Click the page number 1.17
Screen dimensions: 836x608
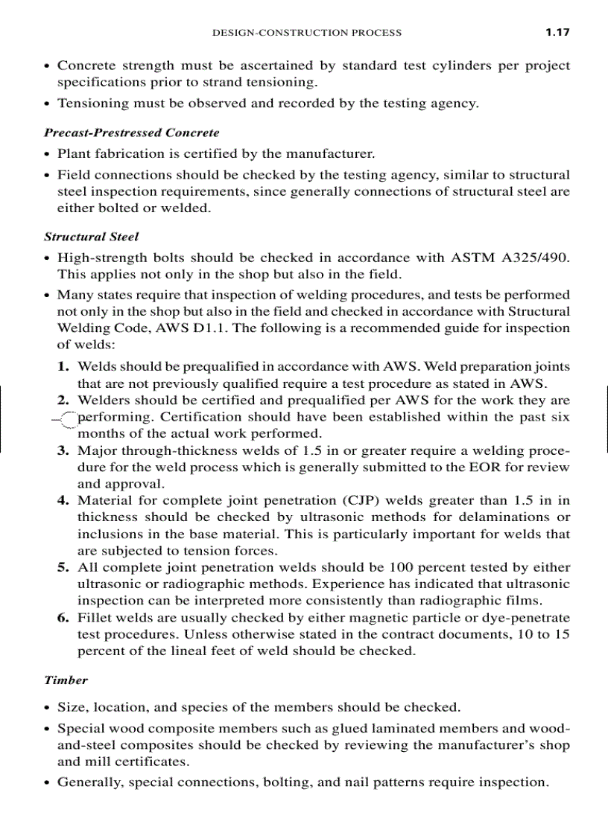click(x=557, y=32)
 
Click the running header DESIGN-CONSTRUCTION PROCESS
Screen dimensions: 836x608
click(x=307, y=33)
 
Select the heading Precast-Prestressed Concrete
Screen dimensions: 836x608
click(x=132, y=133)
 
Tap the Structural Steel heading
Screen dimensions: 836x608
click(x=92, y=237)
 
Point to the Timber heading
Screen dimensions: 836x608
click(x=66, y=680)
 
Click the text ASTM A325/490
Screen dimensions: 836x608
click(x=510, y=258)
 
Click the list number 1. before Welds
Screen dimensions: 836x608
click(x=64, y=366)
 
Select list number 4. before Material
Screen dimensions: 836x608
click(x=64, y=500)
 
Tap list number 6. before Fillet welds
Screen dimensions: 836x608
click(x=64, y=617)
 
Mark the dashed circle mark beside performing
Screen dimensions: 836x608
click(x=66, y=421)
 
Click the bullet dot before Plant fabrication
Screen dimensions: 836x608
click(x=47, y=155)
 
